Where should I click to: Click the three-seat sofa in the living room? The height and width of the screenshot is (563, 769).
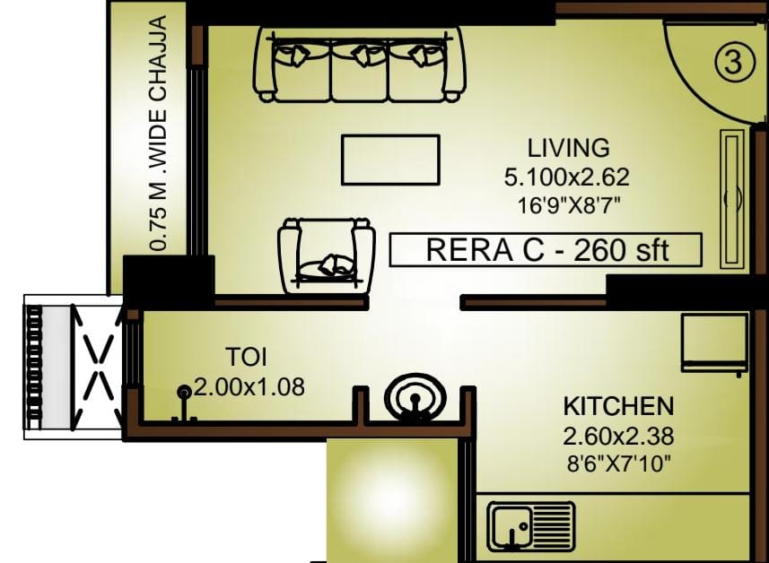[x=360, y=65]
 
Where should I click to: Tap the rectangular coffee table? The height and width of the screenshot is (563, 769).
[x=390, y=160]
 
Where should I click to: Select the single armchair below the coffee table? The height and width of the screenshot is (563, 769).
[x=327, y=256]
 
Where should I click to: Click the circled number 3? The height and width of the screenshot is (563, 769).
[x=733, y=63]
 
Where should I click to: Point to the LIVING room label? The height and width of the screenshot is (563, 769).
[x=568, y=148]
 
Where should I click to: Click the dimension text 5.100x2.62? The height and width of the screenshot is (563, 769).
[x=566, y=177]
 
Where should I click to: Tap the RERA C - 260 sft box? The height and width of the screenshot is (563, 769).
[x=546, y=250]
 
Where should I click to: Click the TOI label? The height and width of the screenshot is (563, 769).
[x=246, y=357]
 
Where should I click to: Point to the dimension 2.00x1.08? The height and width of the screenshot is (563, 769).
[x=249, y=386]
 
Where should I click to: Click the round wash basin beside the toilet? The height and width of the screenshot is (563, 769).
[x=415, y=397]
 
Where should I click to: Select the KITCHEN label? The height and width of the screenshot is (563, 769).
[x=618, y=406]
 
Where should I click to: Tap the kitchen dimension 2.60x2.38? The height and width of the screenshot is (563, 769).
[x=618, y=436]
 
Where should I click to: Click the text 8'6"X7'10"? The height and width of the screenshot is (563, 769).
[x=618, y=463]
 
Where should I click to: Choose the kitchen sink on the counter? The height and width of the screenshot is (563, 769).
[x=530, y=527]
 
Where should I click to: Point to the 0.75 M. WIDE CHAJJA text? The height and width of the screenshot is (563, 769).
[x=160, y=134]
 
